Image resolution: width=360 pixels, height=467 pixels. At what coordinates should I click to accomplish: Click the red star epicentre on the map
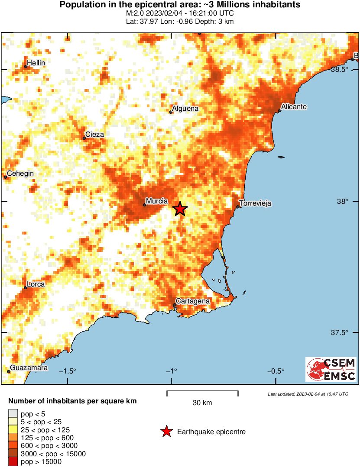[180, 209]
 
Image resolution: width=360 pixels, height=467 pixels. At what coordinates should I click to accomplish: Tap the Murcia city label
[157, 201]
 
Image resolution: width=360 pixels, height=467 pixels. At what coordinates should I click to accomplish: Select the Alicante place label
[294, 106]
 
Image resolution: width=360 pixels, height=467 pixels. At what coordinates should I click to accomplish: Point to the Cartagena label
[192, 301]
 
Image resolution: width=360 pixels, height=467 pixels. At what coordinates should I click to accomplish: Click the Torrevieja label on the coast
[255, 203]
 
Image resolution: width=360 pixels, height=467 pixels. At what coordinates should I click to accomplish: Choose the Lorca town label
[34, 284]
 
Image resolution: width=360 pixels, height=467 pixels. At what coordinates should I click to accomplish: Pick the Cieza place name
[94, 135]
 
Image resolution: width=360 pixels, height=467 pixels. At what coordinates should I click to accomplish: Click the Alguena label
[185, 109]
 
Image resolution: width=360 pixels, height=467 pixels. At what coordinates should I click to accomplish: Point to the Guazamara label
[29, 368]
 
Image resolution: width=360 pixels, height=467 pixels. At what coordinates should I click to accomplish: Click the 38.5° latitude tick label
[340, 70]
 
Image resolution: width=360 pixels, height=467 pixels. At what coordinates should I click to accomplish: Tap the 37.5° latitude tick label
[340, 333]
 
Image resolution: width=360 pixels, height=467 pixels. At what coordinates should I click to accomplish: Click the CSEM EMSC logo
[331, 369]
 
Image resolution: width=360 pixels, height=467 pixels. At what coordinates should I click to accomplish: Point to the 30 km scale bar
[202, 392]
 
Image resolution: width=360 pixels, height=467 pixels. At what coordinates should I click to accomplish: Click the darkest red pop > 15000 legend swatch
[13, 462]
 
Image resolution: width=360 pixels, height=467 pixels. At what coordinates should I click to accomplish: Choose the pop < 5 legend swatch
[13, 414]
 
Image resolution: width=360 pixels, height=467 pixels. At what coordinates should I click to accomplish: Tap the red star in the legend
[166, 432]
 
